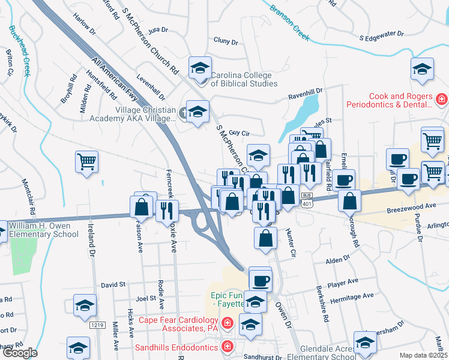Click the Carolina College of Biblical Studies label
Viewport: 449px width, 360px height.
244,79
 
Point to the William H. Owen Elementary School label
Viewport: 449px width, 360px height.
44,230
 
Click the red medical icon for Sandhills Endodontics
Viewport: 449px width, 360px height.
228,346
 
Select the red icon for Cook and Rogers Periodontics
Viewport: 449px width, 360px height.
441,98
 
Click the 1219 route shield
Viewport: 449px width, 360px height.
98,325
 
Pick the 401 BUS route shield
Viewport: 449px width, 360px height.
307,200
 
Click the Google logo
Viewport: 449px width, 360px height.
19,353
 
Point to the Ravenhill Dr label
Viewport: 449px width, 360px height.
305,94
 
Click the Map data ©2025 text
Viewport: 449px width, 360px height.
423,355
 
